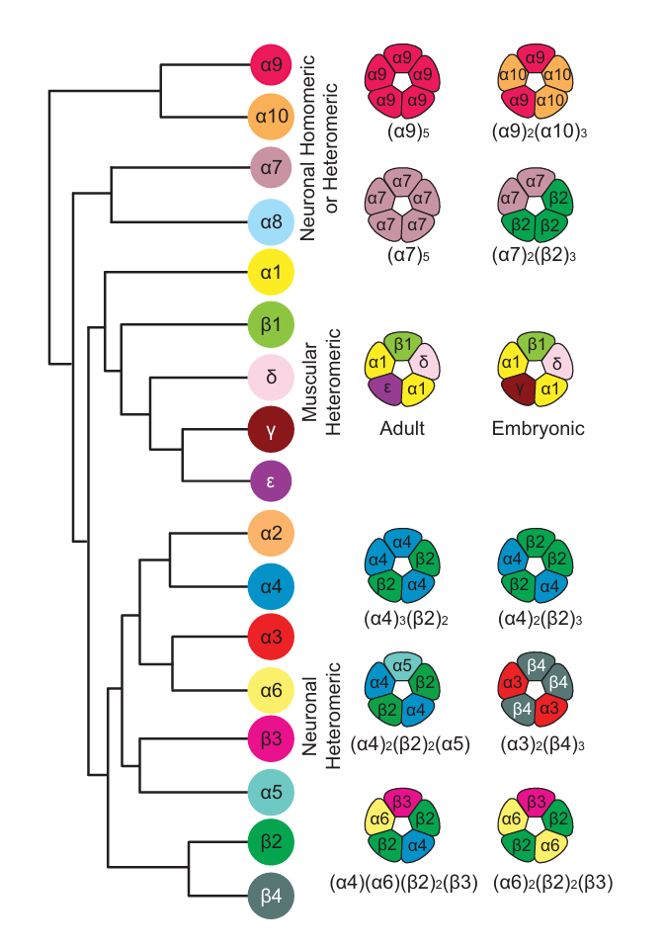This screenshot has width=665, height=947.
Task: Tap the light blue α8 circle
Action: [273, 221]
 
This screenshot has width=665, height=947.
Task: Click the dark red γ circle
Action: [273, 428]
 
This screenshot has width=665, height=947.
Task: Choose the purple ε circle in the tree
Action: [273, 481]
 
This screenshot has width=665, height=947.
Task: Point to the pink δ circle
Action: [273, 377]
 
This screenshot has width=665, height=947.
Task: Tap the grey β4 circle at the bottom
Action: [273, 896]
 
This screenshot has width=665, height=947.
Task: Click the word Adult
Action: [402, 429]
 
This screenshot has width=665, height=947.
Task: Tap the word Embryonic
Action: [538, 429]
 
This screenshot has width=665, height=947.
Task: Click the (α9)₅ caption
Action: [402, 129]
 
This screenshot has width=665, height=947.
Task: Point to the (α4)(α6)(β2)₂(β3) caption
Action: [402, 882]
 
